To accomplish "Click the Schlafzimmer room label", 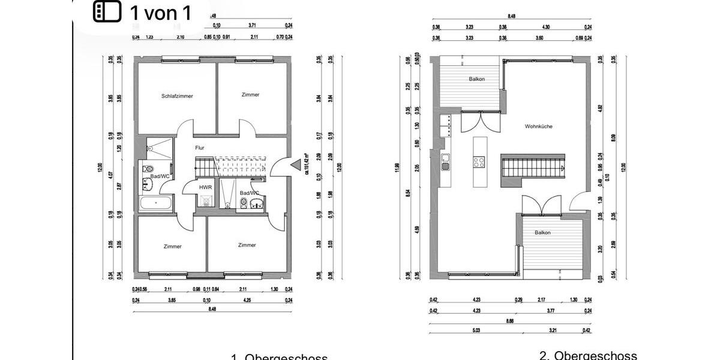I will coord(177,96).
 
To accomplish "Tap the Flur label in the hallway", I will coord(200,147).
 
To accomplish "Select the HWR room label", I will coord(206,187).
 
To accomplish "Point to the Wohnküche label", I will coord(538,127).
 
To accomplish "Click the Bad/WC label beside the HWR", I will coord(250,193).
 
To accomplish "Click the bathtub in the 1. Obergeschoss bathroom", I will coord(156,203).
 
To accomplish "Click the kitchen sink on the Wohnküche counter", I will coord(446,160).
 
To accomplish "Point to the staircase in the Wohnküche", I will coord(533,165).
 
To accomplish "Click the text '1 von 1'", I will coord(160,13).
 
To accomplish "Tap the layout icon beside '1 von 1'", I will coord(107,12).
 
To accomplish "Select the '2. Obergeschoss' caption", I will coord(587,356).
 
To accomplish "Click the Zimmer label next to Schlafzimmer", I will coord(250,95).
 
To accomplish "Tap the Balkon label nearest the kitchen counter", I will coord(476,79).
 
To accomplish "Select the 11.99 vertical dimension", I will coord(397,166).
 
